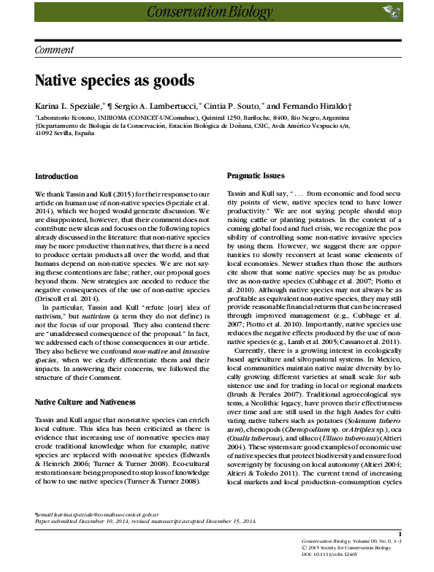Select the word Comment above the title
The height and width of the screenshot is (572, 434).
55,50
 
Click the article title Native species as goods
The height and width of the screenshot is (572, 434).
115,80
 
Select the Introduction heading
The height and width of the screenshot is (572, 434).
56,177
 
